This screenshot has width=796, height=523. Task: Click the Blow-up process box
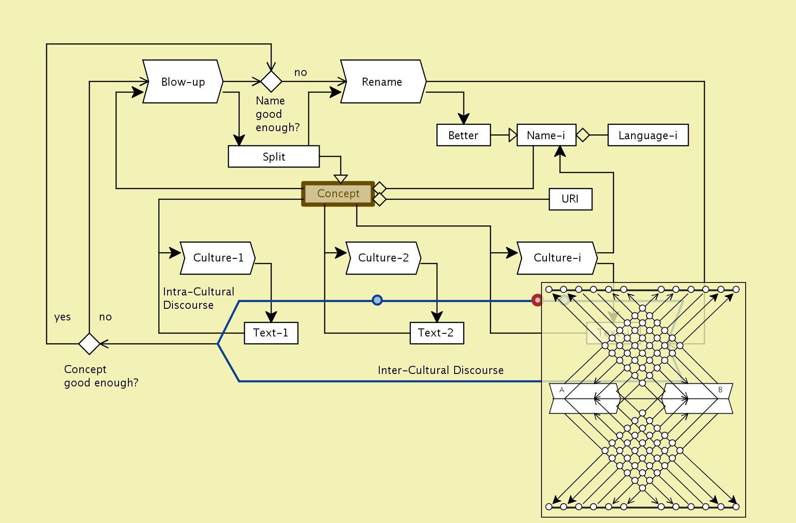(183, 82)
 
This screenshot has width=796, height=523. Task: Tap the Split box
(274, 157)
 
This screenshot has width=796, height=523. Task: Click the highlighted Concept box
(338, 194)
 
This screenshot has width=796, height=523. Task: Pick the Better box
(464, 135)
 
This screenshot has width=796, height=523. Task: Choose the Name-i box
(546, 135)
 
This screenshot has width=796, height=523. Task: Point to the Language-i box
(648, 135)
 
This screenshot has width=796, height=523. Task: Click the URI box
(570, 199)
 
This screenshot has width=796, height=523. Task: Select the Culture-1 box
(218, 258)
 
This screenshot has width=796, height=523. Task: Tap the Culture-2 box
(383, 258)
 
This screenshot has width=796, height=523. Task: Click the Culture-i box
(557, 258)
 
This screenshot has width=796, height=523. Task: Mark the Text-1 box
(271, 333)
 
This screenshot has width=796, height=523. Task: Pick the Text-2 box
(436, 333)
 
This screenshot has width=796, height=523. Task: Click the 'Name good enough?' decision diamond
(271, 82)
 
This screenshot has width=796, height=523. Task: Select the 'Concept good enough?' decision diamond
(89, 344)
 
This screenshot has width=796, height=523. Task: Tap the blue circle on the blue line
(377, 300)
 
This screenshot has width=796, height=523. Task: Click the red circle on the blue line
(538, 300)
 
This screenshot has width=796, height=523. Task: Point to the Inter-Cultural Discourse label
(440, 370)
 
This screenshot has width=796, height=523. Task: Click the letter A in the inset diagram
(562, 390)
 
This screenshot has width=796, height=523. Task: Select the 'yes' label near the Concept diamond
(62, 317)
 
